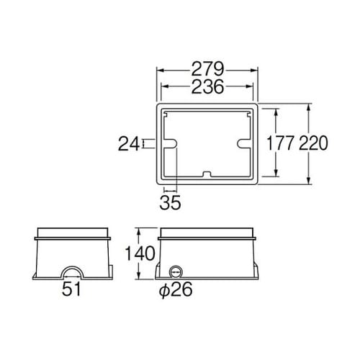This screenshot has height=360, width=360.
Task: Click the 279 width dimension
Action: click(x=208, y=69)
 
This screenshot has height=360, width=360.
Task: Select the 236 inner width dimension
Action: click(x=208, y=86)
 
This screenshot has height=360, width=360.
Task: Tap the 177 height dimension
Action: click(x=280, y=143)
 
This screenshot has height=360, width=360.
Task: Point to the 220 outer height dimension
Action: click(x=313, y=143)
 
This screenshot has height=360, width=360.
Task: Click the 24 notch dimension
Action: click(x=129, y=144)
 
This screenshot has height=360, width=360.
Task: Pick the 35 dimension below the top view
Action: click(x=170, y=202)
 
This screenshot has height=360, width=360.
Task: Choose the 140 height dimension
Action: click(x=140, y=253)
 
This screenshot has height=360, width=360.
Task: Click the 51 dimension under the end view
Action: click(x=71, y=289)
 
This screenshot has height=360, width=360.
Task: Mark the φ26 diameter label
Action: click(x=176, y=290)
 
